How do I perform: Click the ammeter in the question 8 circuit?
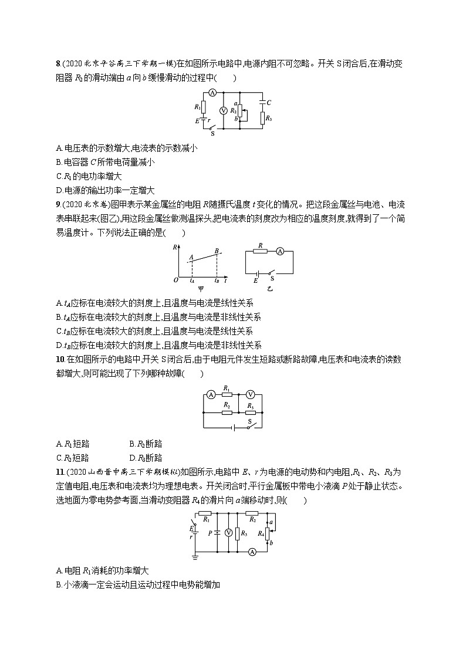213,93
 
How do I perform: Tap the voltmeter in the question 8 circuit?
222,111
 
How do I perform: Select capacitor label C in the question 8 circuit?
269,102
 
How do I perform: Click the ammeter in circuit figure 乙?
280,251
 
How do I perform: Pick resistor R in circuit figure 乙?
260,251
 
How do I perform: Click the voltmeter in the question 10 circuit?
249,394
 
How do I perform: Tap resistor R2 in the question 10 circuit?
227,412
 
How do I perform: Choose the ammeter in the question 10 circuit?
210,394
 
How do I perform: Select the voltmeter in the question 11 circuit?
229,533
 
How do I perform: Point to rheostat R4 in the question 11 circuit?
267,533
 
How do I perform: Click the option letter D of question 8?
59,190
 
